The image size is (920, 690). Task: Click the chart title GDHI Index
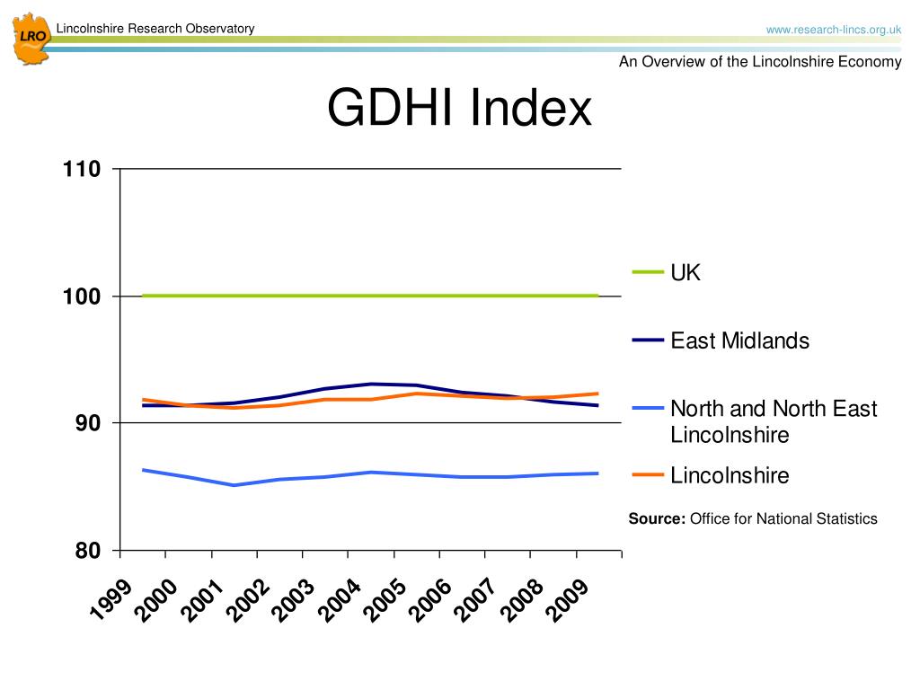pos(459,108)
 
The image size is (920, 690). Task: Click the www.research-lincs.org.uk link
pos(833,30)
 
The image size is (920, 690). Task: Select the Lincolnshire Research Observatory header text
pos(155,29)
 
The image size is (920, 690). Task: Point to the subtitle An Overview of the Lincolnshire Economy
pos(759,62)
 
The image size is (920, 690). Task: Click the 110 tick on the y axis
pos(81,169)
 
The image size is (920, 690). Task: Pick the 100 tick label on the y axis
pos(81,296)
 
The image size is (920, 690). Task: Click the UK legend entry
pos(685,273)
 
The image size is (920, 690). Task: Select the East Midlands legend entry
pos(739,341)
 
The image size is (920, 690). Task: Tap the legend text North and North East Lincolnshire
pos(773,422)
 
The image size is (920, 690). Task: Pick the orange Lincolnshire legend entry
pos(730,475)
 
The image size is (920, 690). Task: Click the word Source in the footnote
pos(657,518)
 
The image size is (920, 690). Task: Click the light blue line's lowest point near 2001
pos(234,485)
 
